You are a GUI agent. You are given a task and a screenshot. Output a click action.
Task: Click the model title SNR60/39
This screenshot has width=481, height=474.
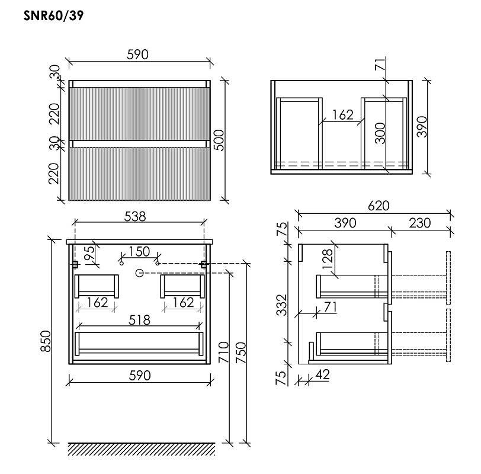pos(53,15)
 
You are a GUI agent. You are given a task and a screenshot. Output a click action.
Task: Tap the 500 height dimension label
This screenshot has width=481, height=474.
pos(219,140)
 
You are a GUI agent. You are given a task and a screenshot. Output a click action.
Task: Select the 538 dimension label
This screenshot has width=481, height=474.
pos(135,217)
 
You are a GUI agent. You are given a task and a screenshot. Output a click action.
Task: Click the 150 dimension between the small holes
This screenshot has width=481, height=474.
pos(139,252)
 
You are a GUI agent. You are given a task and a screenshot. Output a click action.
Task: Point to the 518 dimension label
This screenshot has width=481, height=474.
pos(140,321)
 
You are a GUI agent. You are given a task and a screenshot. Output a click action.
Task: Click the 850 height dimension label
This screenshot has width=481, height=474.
pos(46,341)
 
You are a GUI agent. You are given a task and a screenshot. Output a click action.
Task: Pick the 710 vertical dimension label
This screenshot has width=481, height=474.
pos(224,352)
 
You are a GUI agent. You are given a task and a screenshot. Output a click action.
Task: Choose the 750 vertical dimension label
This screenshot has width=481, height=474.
pos(241,353)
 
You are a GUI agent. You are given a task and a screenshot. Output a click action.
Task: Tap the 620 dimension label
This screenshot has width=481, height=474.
pos(379,206)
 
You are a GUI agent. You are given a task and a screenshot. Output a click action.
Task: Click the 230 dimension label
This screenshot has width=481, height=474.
pos(419,223)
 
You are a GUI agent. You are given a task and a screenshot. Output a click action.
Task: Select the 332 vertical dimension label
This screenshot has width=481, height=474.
pos(281,305)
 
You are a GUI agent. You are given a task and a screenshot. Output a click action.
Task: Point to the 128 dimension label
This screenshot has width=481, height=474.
pos(328,259)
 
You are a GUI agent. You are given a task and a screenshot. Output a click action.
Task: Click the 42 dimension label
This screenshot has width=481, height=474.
pos(322,374)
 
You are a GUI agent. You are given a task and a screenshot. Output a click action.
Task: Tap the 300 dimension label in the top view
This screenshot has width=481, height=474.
pos(380,133)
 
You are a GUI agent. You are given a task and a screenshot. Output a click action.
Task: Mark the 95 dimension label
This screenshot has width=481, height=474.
pos(89,254)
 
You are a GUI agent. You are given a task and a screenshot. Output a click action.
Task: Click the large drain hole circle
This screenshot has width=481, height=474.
pos(140,273)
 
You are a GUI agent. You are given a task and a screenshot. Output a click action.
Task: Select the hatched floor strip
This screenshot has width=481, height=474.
pos(142,449)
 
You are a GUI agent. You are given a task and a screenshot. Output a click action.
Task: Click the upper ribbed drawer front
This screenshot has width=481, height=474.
pos(140,114)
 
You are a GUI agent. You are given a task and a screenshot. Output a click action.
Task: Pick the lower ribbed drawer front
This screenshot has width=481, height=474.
pos(140,174)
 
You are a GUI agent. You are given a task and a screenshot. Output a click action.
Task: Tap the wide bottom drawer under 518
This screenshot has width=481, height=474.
pos(139,344)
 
